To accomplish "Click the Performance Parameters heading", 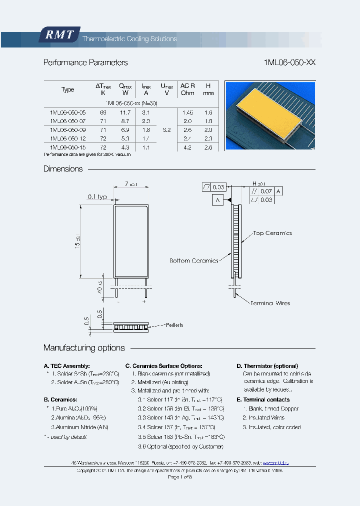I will click(x=85, y=62).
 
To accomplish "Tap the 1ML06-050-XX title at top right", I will click(x=289, y=62).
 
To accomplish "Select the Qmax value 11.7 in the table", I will click(x=125, y=113).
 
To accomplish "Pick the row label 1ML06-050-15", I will click(x=68, y=147).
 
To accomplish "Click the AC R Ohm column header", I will click(x=187, y=89).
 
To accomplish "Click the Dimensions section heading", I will click(x=63, y=169).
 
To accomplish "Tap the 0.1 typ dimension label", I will click(x=97, y=197).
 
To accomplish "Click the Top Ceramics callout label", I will click(x=272, y=233).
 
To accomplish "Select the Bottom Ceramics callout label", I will click(x=194, y=260).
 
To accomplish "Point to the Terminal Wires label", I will click(x=270, y=303).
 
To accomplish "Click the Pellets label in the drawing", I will click(x=173, y=325).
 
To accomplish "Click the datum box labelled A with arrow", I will click(x=217, y=200).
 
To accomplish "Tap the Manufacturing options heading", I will click(x=84, y=348).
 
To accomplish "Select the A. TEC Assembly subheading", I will click(x=66, y=366).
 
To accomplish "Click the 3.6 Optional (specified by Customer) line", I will click(x=180, y=446).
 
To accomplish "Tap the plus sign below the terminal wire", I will click(x=144, y=301).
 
